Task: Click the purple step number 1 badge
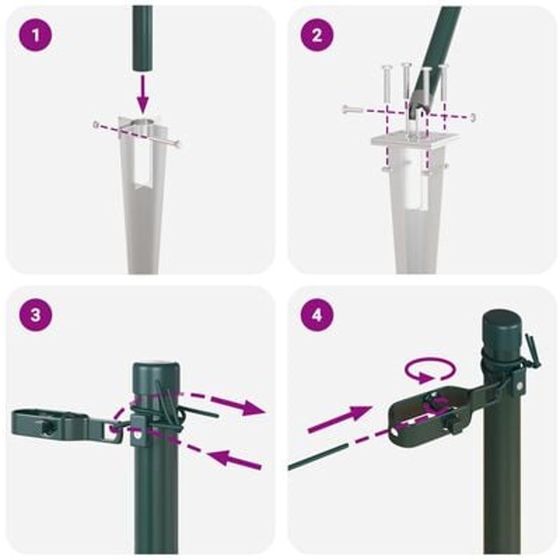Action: click(36, 35)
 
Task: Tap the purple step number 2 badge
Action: click(316, 35)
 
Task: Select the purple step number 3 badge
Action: click(36, 316)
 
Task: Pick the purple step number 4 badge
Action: click(316, 316)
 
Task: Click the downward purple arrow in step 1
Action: click(143, 92)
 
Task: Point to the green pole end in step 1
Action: click(143, 37)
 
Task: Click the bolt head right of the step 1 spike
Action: click(178, 144)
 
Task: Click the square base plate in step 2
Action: click(414, 140)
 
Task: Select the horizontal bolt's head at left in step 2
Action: click(346, 109)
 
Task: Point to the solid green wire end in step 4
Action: click(317, 457)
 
